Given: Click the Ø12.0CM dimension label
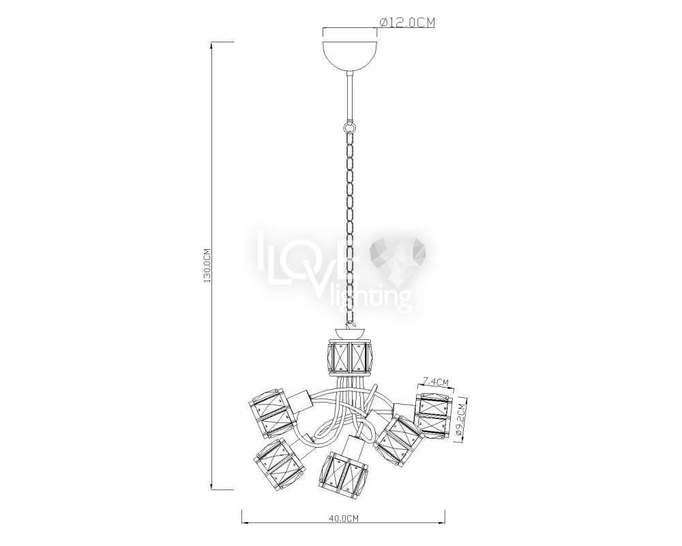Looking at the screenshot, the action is pyautogui.click(x=407, y=23).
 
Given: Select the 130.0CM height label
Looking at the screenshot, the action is pyautogui.click(x=207, y=265).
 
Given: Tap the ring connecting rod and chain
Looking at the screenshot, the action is pyautogui.click(x=350, y=127).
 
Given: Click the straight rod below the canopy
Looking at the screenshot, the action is pyautogui.click(x=350, y=98).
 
